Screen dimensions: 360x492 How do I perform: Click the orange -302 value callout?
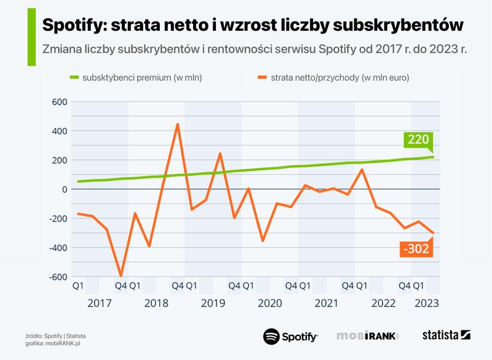[416, 249]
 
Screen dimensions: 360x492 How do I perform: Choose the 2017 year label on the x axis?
[100, 303]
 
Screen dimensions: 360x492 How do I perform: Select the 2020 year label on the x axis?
[270, 303]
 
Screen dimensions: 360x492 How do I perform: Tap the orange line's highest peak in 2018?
[177, 124]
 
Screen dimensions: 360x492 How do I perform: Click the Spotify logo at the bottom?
[290, 336]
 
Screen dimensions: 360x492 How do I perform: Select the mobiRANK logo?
[368, 336]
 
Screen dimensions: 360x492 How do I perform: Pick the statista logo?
[446, 335]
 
